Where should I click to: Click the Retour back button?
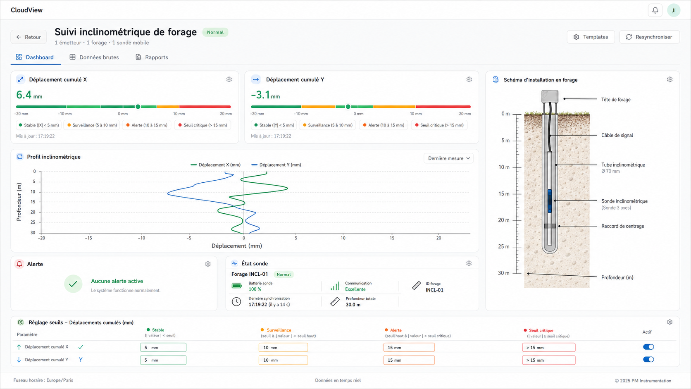coord(29,37)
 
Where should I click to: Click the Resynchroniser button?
coord(649,37)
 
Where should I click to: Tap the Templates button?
coord(591,37)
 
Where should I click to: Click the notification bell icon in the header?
coord(655,10)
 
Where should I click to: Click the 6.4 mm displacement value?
coord(29,95)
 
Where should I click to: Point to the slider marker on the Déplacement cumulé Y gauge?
coord(348,107)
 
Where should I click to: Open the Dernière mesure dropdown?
coord(448,158)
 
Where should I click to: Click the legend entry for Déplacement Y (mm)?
coord(276,165)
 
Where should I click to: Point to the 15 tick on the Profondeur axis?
coord(33,202)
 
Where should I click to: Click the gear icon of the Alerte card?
coord(208,264)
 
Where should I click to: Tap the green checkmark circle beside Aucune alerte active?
coord(73,284)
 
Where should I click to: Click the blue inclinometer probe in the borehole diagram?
coord(550,201)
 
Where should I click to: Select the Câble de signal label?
coord(617,135)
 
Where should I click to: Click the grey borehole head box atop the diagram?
coord(550,96)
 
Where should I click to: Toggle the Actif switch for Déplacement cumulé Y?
coord(648,359)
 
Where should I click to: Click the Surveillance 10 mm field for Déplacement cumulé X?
coord(283,347)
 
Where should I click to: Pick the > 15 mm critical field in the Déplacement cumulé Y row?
coord(548,360)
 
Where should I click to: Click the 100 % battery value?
coord(255,289)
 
